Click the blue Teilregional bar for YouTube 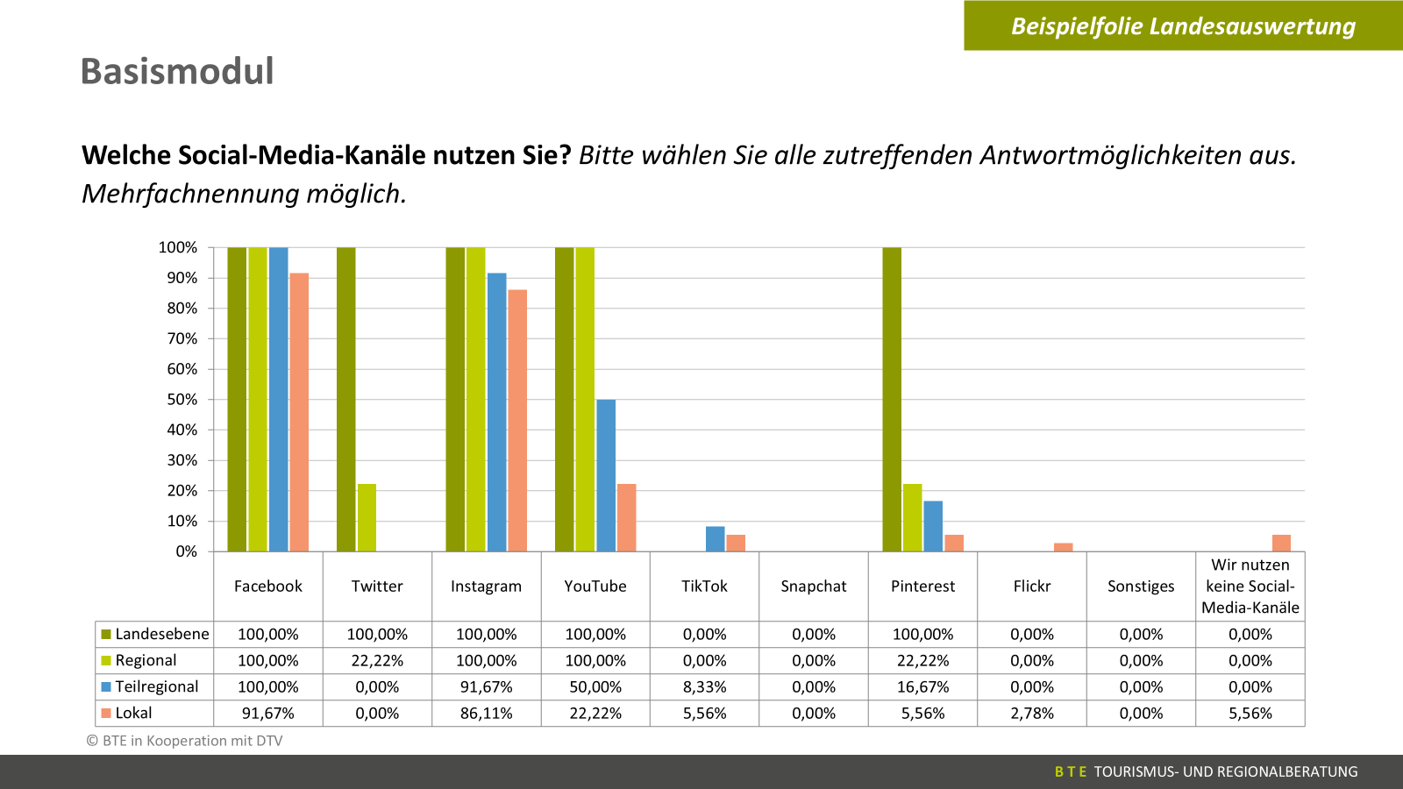(606, 475)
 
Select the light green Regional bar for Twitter (367, 517)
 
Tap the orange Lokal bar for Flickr (1063, 547)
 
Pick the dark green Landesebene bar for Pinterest (892, 399)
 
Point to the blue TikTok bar (715, 539)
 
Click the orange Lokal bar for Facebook (299, 412)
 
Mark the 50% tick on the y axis (182, 400)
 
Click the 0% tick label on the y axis (186, 551)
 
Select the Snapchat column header (814, 586)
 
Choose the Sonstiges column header (1141, 586)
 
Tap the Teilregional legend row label (157, 686)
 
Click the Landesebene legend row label (162, 634)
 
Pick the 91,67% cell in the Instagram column (486, 686)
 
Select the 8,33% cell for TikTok (704, 686)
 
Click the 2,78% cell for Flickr (1031, 713)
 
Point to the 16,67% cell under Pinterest (922, 686)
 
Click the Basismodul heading (177, 71)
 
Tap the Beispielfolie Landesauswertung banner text (1183, 26)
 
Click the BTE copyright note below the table (184, 741)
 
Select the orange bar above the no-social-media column (1281, 543)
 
